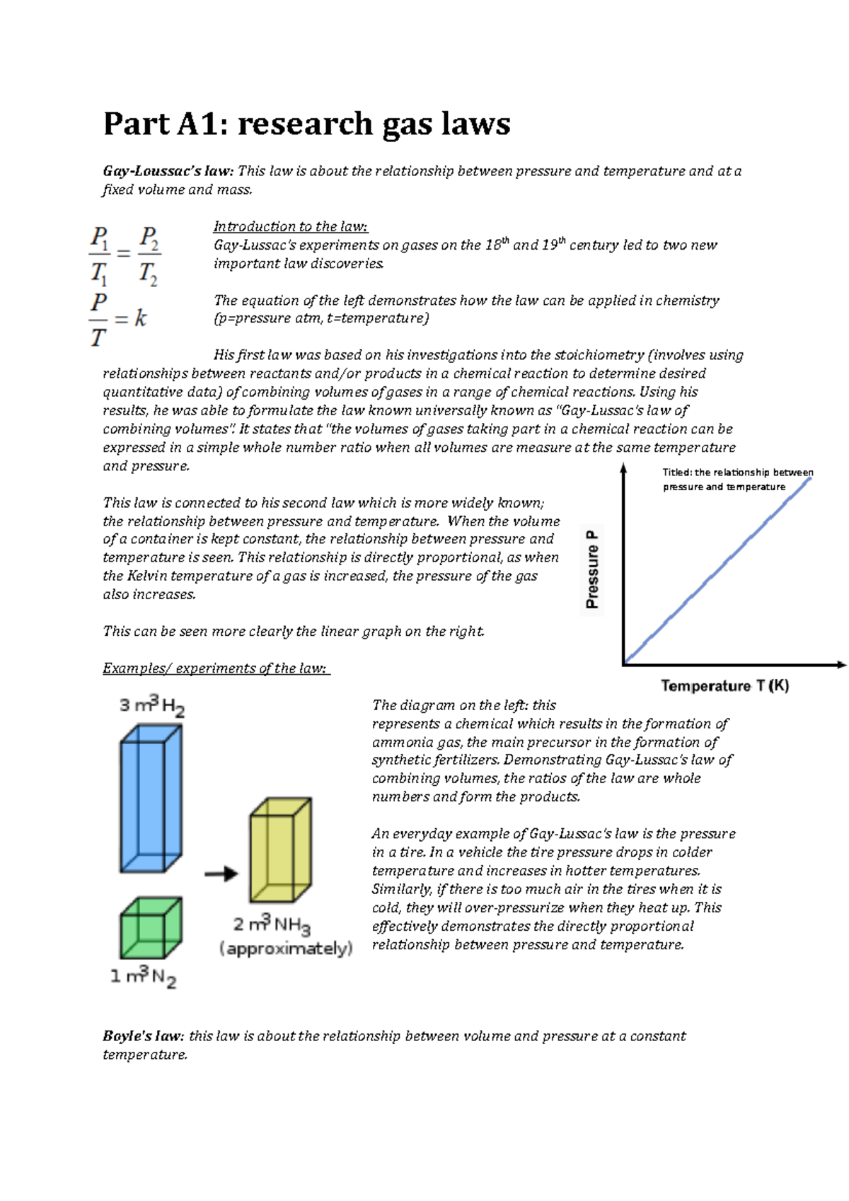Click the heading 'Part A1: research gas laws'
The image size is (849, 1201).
[306, 124]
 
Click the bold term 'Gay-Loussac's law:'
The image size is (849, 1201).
[168, 171]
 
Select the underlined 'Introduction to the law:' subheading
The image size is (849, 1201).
[291, 226]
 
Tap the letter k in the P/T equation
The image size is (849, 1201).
[140, 319]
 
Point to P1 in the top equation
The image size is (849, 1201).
[100, 238]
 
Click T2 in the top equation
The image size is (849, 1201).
[148, 273]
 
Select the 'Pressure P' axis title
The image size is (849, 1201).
[592, 569]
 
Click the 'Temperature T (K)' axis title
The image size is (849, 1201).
[724, 685]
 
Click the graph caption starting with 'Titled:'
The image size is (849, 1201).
[737, 479]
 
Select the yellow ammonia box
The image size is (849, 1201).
[280, 849]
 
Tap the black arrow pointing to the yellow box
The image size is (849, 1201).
[221, 874]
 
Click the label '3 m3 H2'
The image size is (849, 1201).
[152, 706]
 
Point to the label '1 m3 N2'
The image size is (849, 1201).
[143, 977]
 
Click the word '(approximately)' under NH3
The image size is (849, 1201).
[286, 948]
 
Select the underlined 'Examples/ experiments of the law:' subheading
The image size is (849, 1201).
[216, 668]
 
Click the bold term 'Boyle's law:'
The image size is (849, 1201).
[144, 1036]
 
